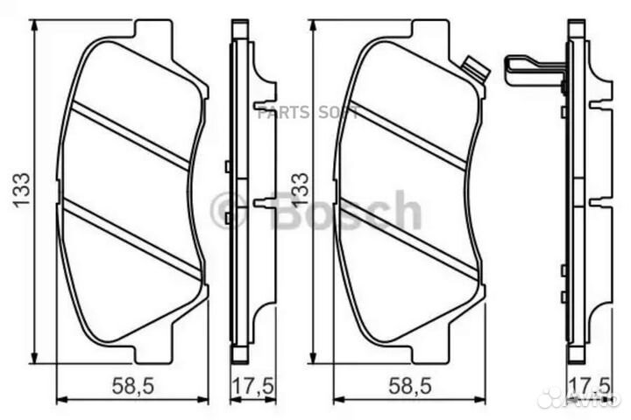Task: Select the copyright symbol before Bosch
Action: click(230, 211)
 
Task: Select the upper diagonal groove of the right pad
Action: click(408, 134)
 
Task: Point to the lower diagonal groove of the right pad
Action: click(408, 237)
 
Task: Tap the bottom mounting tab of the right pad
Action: click(427, 353)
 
